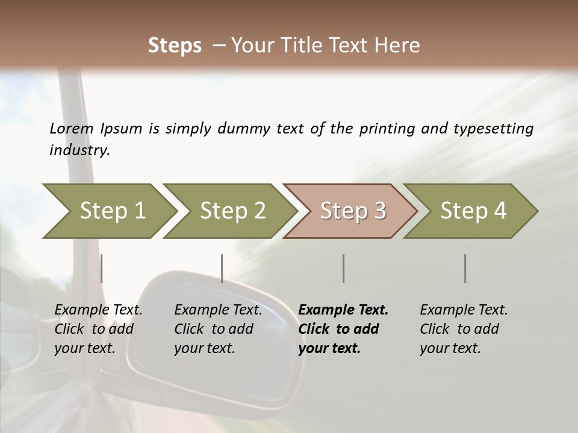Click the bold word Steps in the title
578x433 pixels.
pos(175,46)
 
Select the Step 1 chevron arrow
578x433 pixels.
pos(108,211)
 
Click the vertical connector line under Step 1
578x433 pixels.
pos(102,268)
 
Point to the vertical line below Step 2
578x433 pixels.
pos(222,268)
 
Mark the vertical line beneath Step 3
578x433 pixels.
pos(343,268)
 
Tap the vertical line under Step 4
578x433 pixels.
pos(465,268)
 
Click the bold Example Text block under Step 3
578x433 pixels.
pos(343,329)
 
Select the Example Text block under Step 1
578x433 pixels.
pos(98,329)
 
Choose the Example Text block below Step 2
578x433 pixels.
pos(218,329)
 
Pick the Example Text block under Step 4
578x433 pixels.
pos(464,329)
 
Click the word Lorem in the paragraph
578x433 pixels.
pos(72,129)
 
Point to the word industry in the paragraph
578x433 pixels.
pos(79,150)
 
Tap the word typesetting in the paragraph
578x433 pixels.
pos(496,129)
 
